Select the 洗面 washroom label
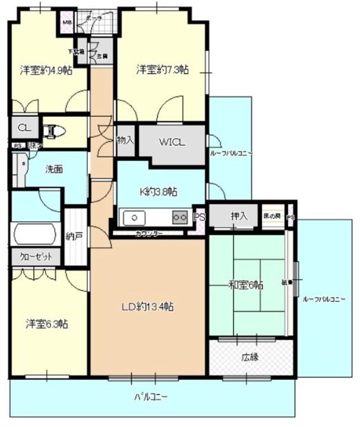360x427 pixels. pyautogui.click(x=55, y=169)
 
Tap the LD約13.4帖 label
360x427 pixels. pyautogui.click(x=148, y=307)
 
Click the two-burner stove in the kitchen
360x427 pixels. pyautogui.click(x=179, y=217)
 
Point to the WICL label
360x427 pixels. pyautogui.click(x=172, y=142)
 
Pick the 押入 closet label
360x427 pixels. pyautogui.click(x=239, y=216)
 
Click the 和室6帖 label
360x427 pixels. pyautogui.click(x=246, y=285)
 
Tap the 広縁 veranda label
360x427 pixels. pyautogui.click(x=250, y=358)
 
